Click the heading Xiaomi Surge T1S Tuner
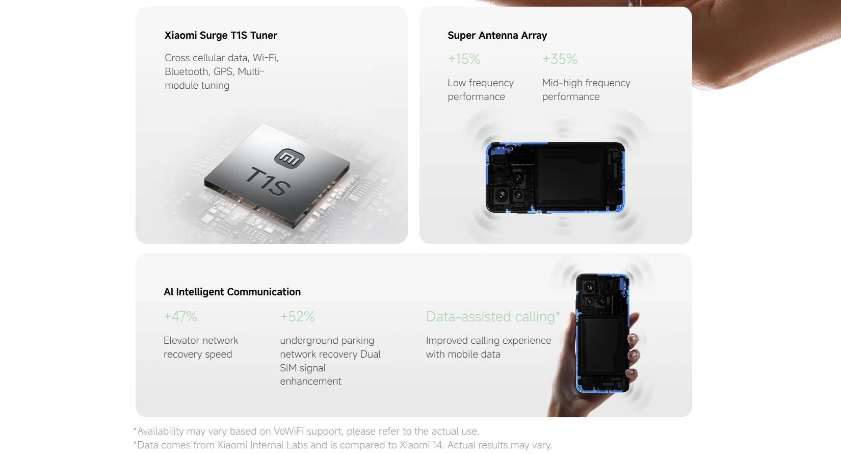pyautogui.click(x=221, y=35)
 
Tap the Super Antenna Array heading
pyautogui.click(x=497, y=35)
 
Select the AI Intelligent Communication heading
pyautogui.click(x=232, y=292)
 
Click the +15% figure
pyautogui.click(x=464, y=59)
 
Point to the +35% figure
pyautogui.click(x=560, y=59)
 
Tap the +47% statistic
pyautogui.click(x=180, y=316)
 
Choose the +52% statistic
pyautogui.click(x=297, y=316)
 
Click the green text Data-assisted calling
pyautogui.click(x=490, y=317)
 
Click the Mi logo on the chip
pyautogui.click(x=290, y=158)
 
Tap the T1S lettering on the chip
pyautogui.click(x=268, y=182)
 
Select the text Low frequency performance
pyautogui.click(x=481, y=89)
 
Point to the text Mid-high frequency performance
pyautogui.click(x=586, y=89)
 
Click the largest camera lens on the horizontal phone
pyautogui.click(x=501, y=195)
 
